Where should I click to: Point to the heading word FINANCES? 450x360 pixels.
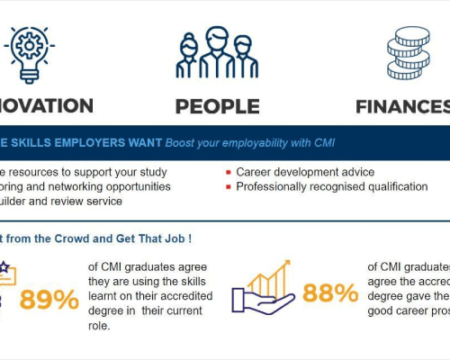pos(400,105)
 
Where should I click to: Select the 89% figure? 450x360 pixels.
pos(49,299)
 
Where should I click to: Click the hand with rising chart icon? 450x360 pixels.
pos(261,286)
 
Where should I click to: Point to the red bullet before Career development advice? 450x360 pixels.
pos(229,172)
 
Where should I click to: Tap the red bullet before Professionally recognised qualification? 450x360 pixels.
pos(229,187)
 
